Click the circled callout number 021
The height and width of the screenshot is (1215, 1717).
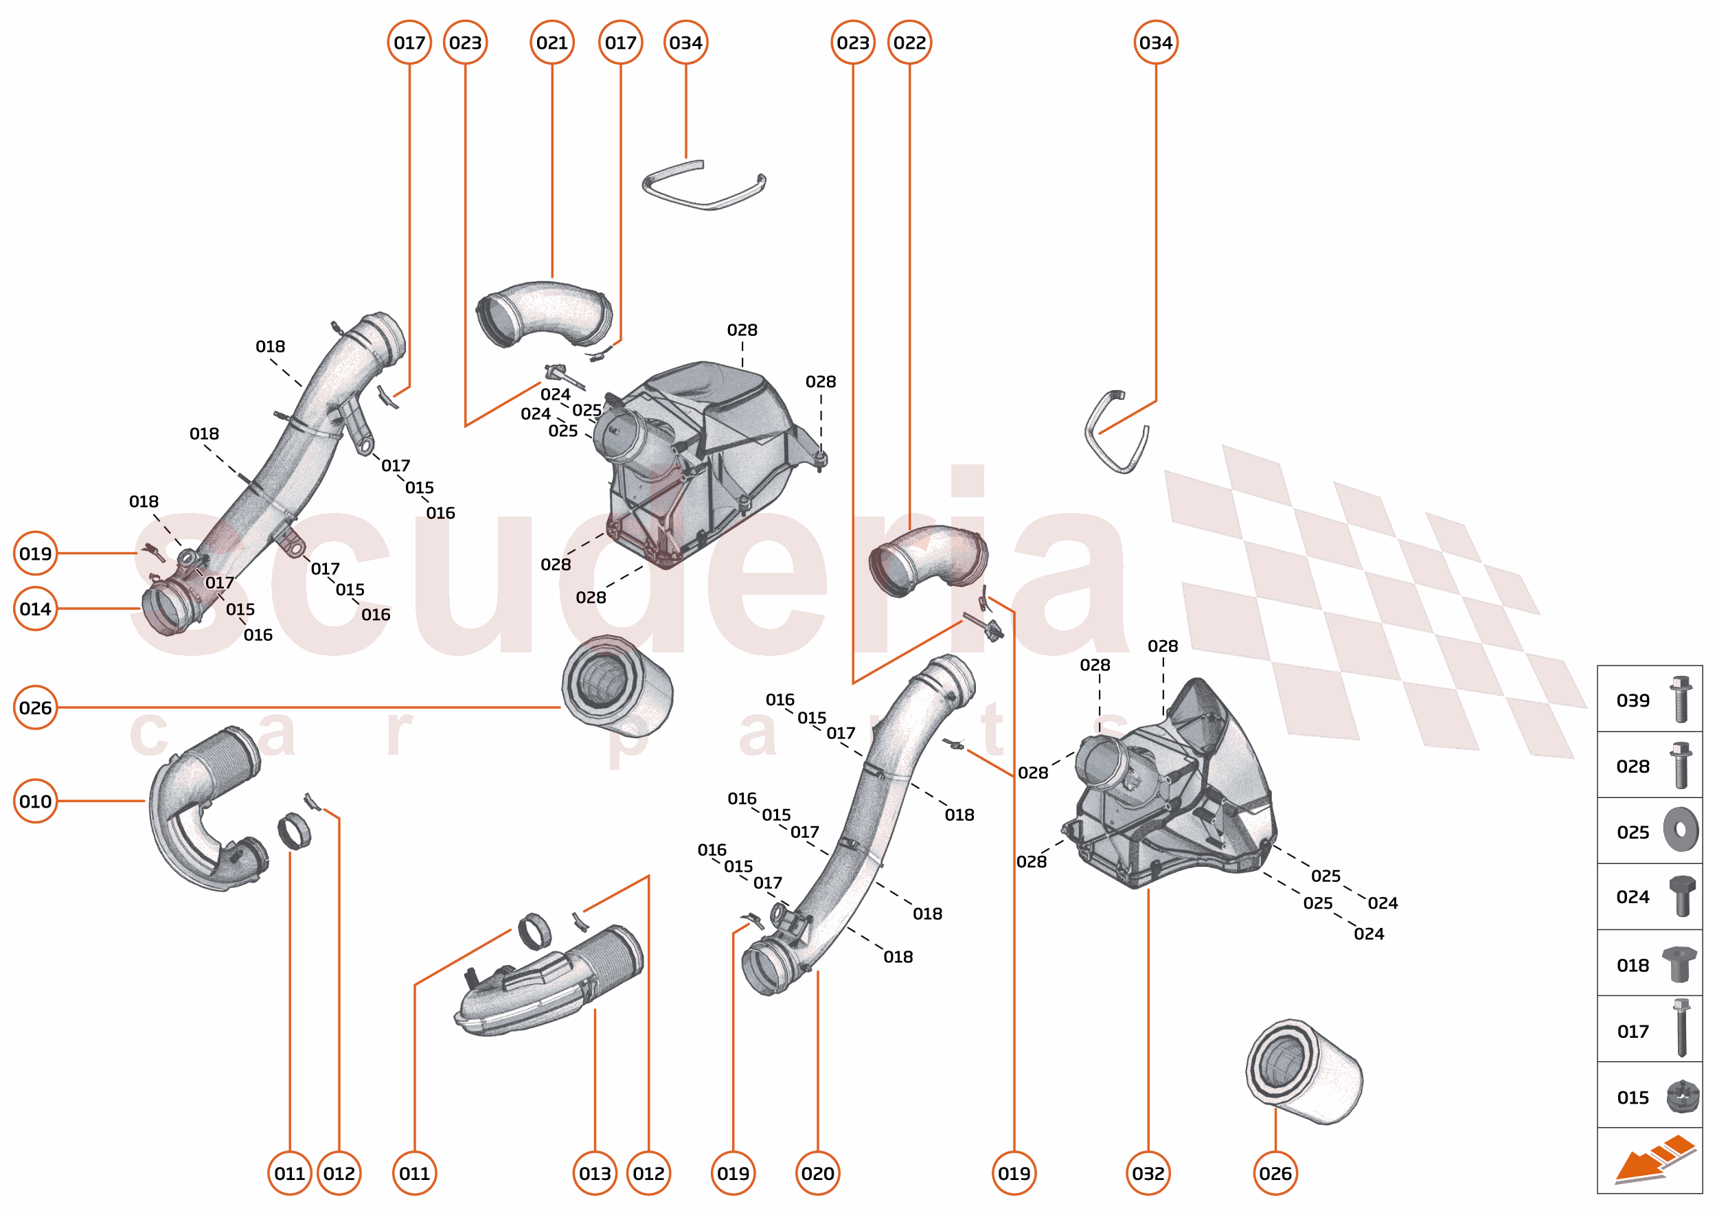point(552,43)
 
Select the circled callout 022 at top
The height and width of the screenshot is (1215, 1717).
point(909,43)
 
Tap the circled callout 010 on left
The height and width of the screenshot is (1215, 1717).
point(35,802)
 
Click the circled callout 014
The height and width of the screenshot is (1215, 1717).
point(35,609)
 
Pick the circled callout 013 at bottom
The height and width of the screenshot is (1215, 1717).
point(595,1173)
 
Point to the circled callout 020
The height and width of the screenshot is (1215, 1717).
point(817,1173)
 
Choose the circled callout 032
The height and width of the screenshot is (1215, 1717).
point(1148,1173)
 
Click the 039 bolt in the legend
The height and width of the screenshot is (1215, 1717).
point(1681,699)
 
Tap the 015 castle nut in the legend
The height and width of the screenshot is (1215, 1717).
point(1682,1097)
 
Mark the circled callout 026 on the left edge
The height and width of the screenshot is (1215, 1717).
point(35,707)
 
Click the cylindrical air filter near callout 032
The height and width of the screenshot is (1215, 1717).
point(1304,1071)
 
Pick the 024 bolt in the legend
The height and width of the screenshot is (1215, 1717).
point(1681,896)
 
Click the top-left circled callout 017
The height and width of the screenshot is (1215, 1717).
point(409,43)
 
